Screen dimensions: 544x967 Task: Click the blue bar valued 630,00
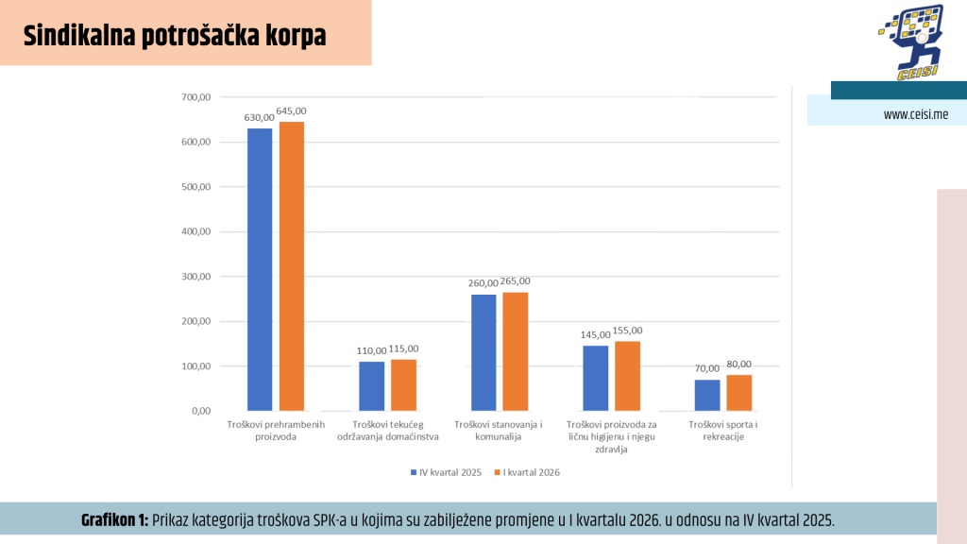point(260,269)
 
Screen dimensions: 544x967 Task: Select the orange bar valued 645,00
point(291,266)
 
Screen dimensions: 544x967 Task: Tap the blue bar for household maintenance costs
point(371,386)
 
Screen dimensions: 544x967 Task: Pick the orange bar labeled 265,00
point(515,351)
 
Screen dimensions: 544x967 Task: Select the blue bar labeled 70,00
point(707,395)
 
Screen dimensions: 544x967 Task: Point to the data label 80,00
point(739,364)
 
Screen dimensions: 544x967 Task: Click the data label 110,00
point(371,350)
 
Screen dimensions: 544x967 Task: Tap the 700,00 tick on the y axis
point(195,97)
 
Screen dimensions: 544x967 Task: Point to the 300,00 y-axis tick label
point(195,277)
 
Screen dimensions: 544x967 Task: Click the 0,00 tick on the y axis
point(200,411)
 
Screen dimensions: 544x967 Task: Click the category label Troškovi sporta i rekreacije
point(723,431)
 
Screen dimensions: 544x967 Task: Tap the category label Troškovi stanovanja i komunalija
point(499,431)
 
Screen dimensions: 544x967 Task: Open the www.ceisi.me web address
point(915,114)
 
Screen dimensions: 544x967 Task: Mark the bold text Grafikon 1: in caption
point(114,520)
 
